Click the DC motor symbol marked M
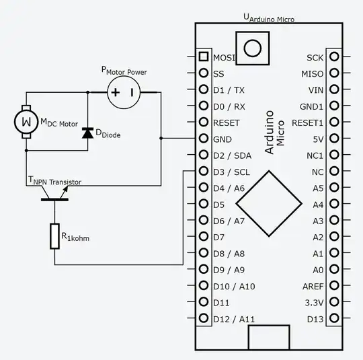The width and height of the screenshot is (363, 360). click(x=26, y=122)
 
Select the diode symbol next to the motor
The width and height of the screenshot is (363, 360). click(x=87, y=133)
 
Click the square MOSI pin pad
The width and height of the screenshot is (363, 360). click(x=203, y=57)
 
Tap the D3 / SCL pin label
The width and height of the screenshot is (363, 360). click(x=231, y=172)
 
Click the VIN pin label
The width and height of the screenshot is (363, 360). click(x=315, y=90)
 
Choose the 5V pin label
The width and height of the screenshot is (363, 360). click(x=317, y=139)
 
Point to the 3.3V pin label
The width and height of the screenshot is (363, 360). click(x=313, y=303)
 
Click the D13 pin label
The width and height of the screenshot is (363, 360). click(x=315, y=319)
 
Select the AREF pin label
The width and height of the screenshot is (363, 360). click(x=313, y=287)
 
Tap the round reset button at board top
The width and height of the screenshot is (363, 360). click(x=253, y=47)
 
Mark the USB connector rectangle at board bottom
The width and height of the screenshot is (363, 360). click(x=268, y=337)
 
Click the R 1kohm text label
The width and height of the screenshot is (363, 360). click(x=75, y=237)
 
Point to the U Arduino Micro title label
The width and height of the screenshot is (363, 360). click(x=268, y=17)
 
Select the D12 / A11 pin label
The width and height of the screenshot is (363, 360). click(x=233, y=319)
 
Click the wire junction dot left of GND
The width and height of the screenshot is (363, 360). click(x=161, y=139)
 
